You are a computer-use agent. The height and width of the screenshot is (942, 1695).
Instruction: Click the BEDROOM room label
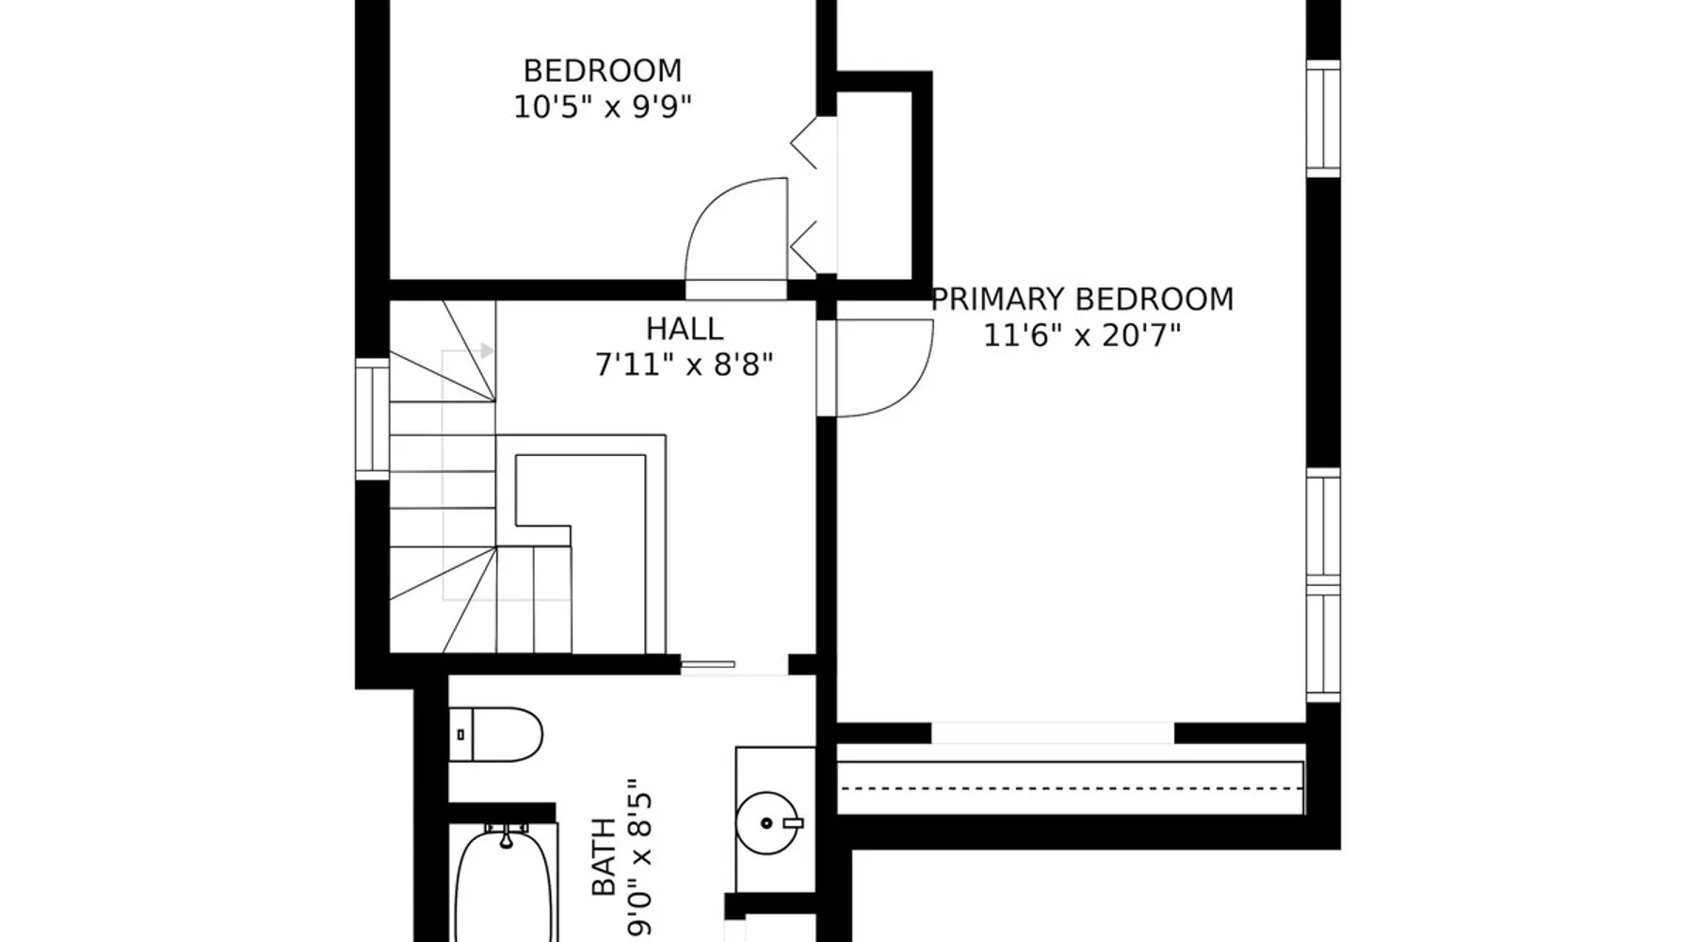(x=603, y=71)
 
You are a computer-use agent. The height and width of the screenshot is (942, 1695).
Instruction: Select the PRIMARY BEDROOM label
(x=1082, y=300)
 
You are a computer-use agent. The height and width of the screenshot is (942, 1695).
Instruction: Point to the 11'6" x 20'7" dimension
(x=1082, y=335)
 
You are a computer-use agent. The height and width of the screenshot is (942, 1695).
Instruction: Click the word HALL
(x=685, y=329)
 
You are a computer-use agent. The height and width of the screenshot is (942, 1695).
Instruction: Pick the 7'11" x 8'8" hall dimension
(x=685, y=365)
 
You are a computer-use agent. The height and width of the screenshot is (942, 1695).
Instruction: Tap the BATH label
(x=604, y=857)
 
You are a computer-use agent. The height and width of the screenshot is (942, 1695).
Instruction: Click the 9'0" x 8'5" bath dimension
(x=639, y=857)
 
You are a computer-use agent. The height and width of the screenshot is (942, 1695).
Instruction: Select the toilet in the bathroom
(x=496, y=735)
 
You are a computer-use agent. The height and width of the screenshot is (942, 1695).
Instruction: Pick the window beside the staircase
(x=372, y=419)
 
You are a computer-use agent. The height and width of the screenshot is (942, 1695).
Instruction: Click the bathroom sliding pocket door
(x=707, y=665)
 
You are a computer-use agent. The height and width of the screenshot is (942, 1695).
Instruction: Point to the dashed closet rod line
(x=1071, y=788)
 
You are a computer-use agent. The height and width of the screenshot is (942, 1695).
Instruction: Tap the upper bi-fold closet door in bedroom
(x=803, y=143)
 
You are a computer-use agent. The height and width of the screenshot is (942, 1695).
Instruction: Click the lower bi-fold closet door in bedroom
(x=803, y=249)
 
